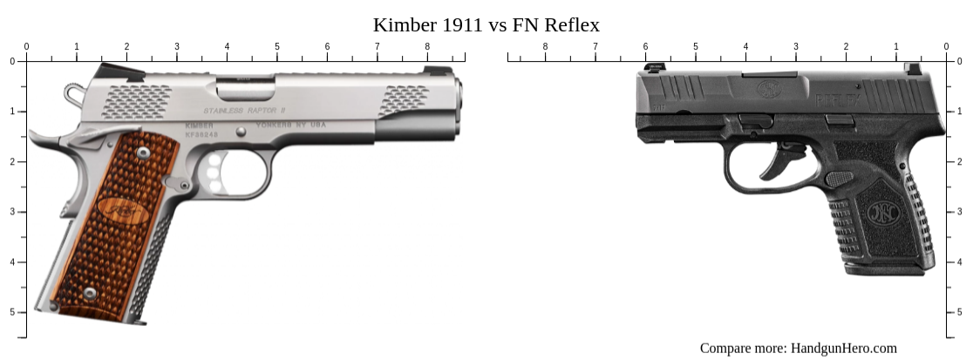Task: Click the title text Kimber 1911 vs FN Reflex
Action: click(x=486, y=24)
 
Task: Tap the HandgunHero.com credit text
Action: click(x=798, y=348)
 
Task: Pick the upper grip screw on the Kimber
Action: click(x=143, y=153)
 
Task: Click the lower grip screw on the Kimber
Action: click(x=90, y=293)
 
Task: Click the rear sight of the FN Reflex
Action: click(x=912, y=68)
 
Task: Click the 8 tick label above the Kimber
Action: click(x=427, y=46)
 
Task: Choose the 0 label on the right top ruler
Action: click(x=946, y=46)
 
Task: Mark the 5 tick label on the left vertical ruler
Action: click(x=12, y=312)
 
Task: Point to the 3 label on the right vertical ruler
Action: click(x=961, y=212)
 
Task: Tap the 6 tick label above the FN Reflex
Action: click(x=646, y=46)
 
